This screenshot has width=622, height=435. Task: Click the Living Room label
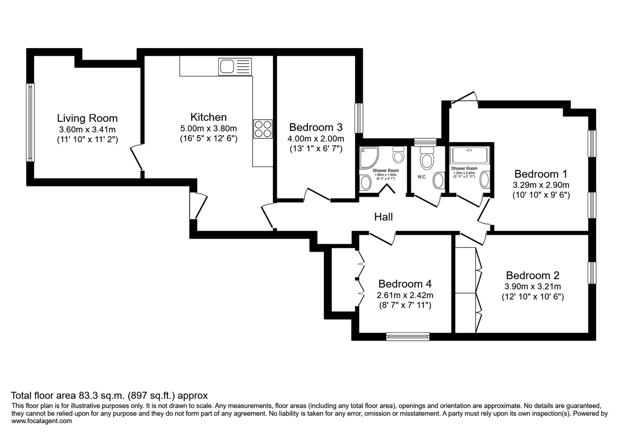click(x=87, y=118)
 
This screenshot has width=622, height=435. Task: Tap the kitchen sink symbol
click(x=234, y=67)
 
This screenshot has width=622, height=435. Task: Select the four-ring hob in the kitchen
click(x=263, y=128)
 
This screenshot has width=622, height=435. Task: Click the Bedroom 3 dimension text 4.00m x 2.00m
click(x=316, y=139)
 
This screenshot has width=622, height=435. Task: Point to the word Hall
click(x=383, y=217)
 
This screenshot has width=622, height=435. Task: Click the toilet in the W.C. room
click(x=426, y=159)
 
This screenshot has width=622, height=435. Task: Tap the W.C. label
click(x=422, y=177)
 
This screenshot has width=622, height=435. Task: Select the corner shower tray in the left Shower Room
click(x=369, y=157)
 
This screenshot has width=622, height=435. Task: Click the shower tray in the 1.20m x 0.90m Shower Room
click(x=469, y=155)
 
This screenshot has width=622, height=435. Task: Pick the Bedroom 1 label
click(x=540, y=174)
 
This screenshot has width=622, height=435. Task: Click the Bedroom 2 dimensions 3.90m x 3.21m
click(x=532, y=286)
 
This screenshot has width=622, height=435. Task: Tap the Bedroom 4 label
click(x=405, y=284)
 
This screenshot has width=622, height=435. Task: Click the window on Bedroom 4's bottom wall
click(x=408, y=336)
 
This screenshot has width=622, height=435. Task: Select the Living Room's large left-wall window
click(x=30, y=122)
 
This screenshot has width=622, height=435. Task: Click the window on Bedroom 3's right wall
click(x=359, y=118)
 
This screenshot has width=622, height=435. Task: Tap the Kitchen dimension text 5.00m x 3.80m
click(x=209, y=129)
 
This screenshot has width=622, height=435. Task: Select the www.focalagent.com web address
click(x=41, y=420)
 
